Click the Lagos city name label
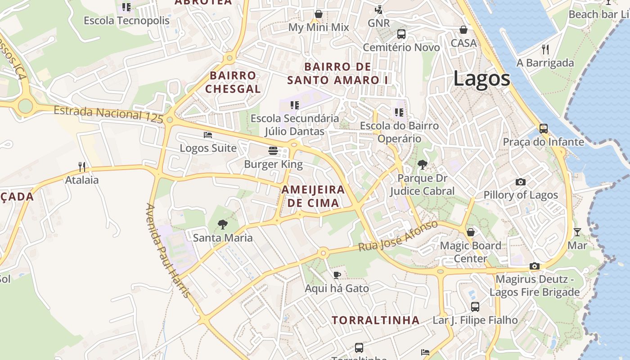coord(481,79)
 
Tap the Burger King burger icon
coord(273,150)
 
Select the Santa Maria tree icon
coord(222,224)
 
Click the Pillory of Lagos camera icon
coord(521,182)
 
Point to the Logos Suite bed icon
coord(207,135)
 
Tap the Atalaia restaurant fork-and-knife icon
coord(82,167)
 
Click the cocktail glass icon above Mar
coord(577,232)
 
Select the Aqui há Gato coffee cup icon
coord(337,275)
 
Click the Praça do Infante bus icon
coord(544,129)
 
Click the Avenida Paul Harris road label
coord(168,250)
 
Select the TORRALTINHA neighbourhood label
coord(376,320)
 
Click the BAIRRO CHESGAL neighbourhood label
coord(233,82)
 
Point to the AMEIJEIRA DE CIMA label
coord(313,196)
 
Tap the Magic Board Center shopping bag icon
coord(470,232)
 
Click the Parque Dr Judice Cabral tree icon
coord(422,165)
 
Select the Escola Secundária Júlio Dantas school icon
coord(295,105)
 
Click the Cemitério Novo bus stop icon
coord(401,34)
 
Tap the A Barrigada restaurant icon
coord(545,49)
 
